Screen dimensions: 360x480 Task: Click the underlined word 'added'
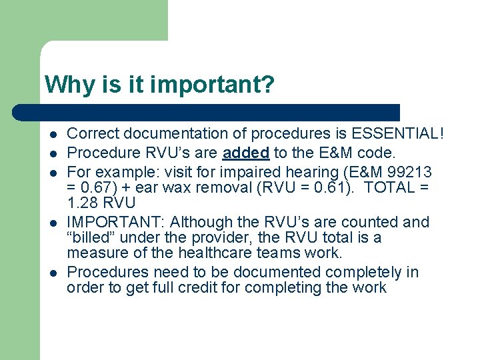[245, 153]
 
